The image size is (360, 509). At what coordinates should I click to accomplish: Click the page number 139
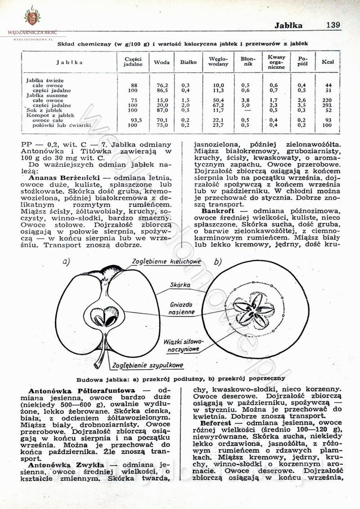pyautogui.click(x=333, y=25)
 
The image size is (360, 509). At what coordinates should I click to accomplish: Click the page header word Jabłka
pyautogui.click(x=288, y=26)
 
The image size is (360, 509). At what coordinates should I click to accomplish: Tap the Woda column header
pyautogui.click(x=162, y=62)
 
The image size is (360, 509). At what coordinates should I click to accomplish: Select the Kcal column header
pyautogui.click(x=328, y=62)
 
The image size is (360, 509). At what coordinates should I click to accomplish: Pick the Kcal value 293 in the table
pyautogui.click(x=328, y=105)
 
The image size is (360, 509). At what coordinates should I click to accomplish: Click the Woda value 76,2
pyautogui.click(x=162, y=85)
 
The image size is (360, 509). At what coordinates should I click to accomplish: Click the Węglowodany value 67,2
pyautogui.click(x=218, y=105)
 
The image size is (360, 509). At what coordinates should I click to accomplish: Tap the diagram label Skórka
pyautogui.click(x=180, y=285)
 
